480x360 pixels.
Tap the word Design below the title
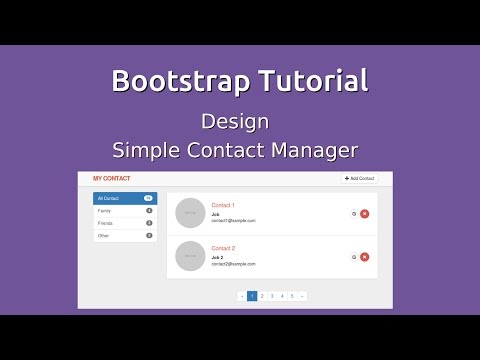[x=234, y=122]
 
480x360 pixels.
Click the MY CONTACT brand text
[x=111, y=178]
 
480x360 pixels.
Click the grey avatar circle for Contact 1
[x=190, y=213]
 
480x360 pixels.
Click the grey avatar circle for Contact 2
[x=190, y=257]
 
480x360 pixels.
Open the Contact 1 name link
[x=223, y=205]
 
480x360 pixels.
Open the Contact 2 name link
[x=223, y=248]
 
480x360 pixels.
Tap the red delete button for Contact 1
[x=364, y=213]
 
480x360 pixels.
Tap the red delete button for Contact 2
[x=364, y=257]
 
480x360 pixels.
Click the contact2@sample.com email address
[x=233, y=264]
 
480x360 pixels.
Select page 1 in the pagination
[x=252, y=296]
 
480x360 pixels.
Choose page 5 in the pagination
[x=292, y=296]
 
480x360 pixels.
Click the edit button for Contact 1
[x=353, y=213]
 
